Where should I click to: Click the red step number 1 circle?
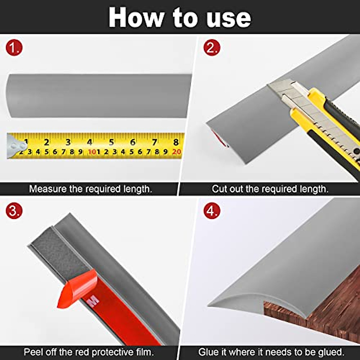pyautogui.click(x=14, y=48)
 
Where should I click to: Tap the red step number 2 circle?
pyautogui.click(x=212, y=48)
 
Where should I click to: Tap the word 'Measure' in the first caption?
pyautogui.click(x=48, y=189)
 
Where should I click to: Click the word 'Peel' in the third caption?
pyautogui.click(x=34, y=352)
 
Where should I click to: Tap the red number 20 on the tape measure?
pyautogui.click(x=177, y=152)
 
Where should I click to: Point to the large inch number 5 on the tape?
pyautogui.click(x=111, y=142)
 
